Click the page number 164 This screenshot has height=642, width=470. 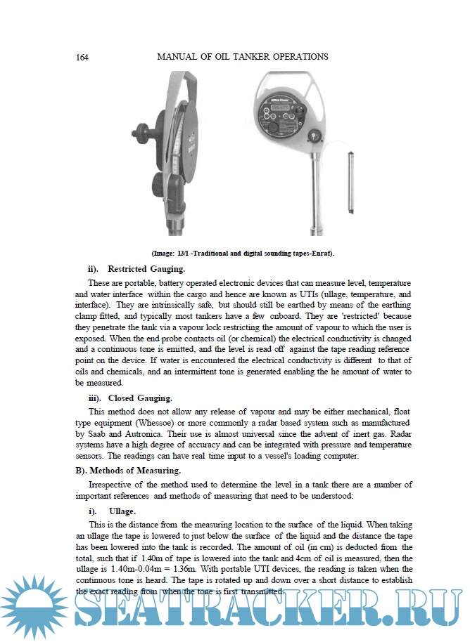click(x=81, y=56)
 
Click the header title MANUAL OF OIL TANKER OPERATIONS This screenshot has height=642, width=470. click(x=242, y=56)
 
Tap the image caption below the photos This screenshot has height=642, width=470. click(x=243, y=252)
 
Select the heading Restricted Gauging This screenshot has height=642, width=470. click(x=146, y=269)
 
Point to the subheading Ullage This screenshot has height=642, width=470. click(x=122, y=512)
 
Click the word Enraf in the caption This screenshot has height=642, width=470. click(x=321, y=252)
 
